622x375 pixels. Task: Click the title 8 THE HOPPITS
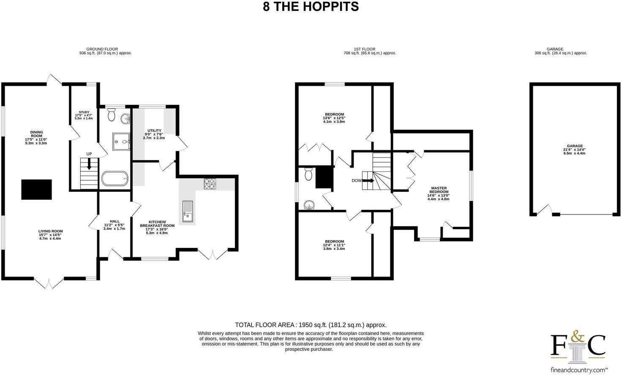coord(311,7)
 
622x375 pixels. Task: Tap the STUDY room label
coord(84,115)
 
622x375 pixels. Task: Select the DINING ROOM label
coord(36,137)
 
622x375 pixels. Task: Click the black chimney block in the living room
coord(37,189)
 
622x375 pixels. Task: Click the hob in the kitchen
coord(210,184)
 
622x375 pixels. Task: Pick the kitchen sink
coord(188,211)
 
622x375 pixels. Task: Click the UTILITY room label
coord(154,134)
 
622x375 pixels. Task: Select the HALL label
coord(114,225)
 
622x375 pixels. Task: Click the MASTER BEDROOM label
coord(439,193)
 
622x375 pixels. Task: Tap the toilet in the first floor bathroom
coord(308,174)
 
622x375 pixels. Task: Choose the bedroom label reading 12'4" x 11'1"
coord(334,245)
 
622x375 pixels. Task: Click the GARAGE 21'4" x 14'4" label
coord(574,149)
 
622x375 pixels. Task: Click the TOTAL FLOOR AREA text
coord(311,325)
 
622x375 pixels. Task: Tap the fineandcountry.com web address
coord(577,370)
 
